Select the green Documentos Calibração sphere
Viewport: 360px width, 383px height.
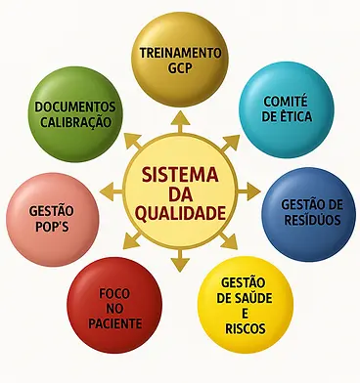click(74, 114)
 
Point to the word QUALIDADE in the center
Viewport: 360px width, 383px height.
click(180, 210)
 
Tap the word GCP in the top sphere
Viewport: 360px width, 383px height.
click(181, 67)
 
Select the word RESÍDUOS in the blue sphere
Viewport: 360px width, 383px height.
click(310, 221)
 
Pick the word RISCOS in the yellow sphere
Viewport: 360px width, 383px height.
click(245, 328)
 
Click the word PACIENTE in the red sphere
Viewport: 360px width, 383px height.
click(115, 324)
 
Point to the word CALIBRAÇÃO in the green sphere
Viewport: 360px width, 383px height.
click(74, 122)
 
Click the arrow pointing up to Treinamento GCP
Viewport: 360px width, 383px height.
click(181, 120)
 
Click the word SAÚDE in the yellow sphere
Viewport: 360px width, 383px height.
click(245, 297)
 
